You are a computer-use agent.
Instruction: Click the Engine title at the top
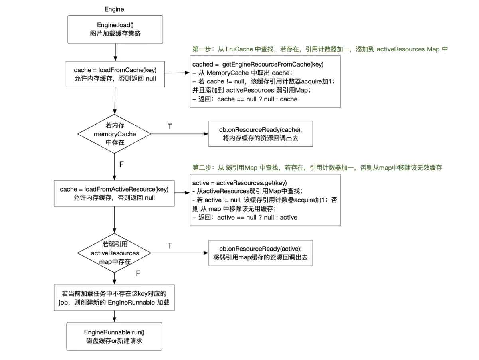coord(114,9)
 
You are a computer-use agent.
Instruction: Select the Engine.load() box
coord(115,30)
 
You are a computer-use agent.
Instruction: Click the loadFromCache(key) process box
coord(115,74)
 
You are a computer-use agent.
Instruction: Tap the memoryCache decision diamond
coord(115,134)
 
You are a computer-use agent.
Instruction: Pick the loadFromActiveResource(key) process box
coord(115,193)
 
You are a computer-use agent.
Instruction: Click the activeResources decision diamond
coord(115,253)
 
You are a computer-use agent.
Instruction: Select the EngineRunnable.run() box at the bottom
coord(115,336)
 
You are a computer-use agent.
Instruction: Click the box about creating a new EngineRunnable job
coord(115,298)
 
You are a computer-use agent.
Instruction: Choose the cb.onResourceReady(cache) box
coord(261,134)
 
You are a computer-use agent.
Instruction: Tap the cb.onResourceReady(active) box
coord(261,253)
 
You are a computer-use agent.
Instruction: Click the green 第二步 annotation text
coord(317,168)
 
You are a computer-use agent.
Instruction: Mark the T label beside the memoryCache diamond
coord(170,127)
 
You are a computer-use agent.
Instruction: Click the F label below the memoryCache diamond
coord(121,164)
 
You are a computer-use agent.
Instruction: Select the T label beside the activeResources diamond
coord(170,245)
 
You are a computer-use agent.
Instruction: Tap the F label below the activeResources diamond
coord(138,273)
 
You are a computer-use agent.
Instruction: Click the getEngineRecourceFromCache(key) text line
coord(258,64)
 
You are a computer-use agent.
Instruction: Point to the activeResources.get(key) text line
coord(239,183)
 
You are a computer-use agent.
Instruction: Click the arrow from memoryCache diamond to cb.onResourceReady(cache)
coord(180,134)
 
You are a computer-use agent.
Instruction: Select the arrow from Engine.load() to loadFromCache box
coord(115,52)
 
